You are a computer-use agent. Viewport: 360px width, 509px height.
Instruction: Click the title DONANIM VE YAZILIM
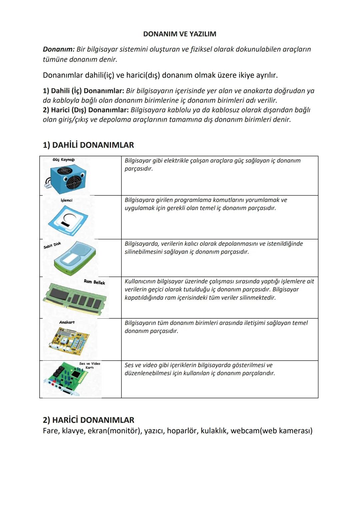pyautogui.click(x=179, y=34)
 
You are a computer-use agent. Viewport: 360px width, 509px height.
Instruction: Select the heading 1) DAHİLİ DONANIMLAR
pyautogui.click(x=88, y=145)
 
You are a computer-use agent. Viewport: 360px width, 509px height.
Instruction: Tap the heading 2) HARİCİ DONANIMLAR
pyautogui.click(x=88, y=420)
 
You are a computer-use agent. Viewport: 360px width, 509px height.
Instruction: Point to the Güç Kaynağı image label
pyautogui.click(x=63, y=160)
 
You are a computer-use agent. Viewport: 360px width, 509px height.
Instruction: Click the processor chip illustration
pyautogui.click(x=68, y=220)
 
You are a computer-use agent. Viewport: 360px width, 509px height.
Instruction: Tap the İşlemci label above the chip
pyautogui.click(x=66, y=200)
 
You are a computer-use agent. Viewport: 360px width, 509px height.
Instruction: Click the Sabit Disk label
pyautogui.click(x=52, y=245)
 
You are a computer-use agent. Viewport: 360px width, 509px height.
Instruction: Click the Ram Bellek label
pyautogui.click(x=94, y=282)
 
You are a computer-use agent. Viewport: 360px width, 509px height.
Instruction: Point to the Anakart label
pyautogui.click(x=67, y=322)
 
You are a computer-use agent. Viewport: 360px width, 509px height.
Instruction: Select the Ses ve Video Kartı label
pyautogui.click(x=90, y=365)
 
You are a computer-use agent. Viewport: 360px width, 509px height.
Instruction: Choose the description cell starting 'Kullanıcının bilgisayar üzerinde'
pyautogui.click(x=219, y=289)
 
